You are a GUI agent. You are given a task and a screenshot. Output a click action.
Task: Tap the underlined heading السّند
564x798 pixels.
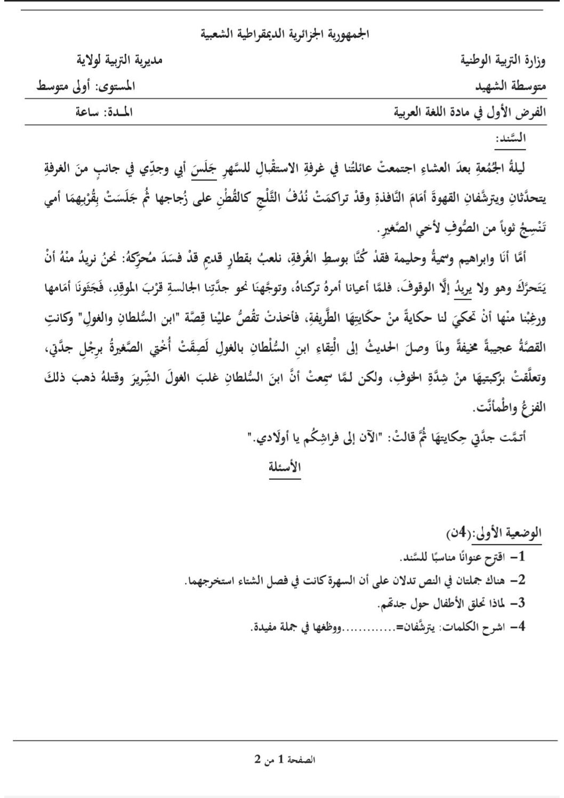(511, 138)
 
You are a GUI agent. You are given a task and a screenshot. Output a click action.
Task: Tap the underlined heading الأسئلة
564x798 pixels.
(284, 467)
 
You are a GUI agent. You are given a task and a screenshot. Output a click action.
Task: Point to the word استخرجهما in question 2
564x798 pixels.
(208, 581)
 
